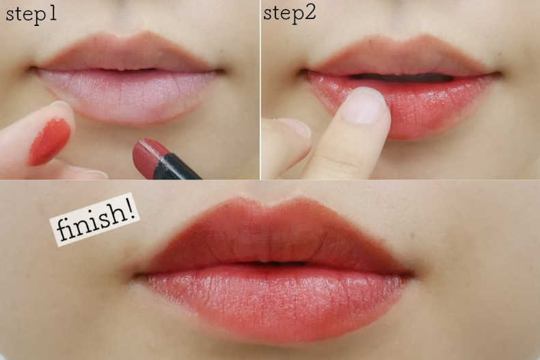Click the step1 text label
tap(31, 15)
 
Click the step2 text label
tap(289, 14)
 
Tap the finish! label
tap(95, 220)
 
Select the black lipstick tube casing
tap(177, 167)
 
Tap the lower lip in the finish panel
tap(275, 303)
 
